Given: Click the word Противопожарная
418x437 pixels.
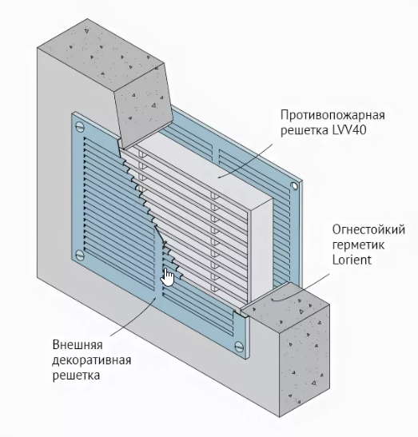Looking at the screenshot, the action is click(x=332, y=115).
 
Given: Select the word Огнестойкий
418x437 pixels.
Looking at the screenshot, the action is click(x=368, y=230).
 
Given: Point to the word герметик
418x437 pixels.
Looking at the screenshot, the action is click(x=358, y=245).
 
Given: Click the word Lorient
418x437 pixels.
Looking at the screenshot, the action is click(x=352, y=260).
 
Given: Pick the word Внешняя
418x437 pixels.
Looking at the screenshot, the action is click(x=78, y=345).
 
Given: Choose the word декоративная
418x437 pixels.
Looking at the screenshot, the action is click(x=91, y=360).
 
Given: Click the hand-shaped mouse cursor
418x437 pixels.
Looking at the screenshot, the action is click(x=168, y=277).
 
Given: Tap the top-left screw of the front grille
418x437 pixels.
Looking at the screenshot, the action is click(x=80, y=127).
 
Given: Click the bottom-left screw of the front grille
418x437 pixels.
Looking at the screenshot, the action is click(x=80, y=255).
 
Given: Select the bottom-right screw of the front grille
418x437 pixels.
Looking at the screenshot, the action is click(x=239, y=347).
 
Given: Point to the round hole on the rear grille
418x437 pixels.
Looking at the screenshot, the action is click(x=293, y=186).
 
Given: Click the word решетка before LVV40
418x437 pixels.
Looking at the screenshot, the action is click(x=305, y=130).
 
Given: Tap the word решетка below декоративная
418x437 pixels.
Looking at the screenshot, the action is click(x=76, y=375).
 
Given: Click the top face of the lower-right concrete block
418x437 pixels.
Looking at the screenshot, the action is click(x=285, y=301).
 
